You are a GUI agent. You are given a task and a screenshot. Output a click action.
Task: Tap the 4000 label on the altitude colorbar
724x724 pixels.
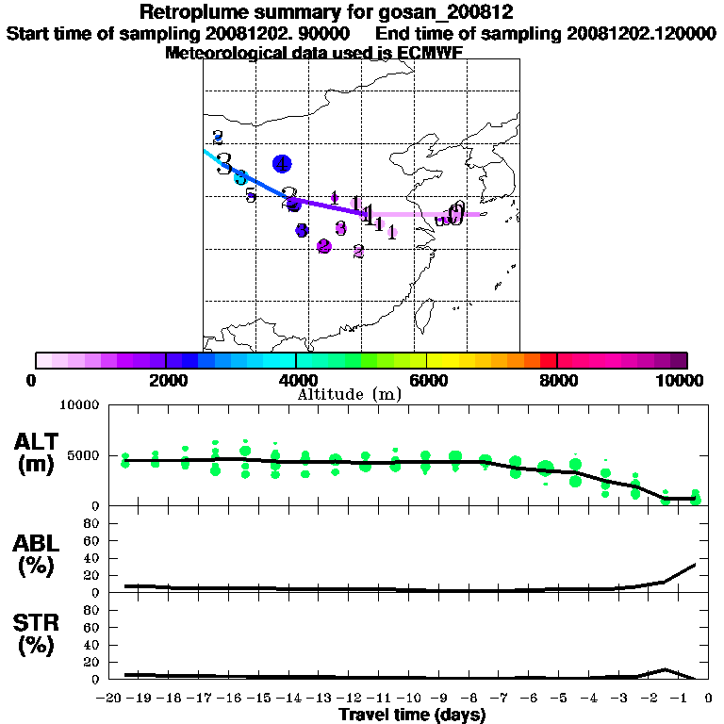pos(296,381)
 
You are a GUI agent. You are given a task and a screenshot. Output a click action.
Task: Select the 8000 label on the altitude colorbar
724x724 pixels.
pos(557,381)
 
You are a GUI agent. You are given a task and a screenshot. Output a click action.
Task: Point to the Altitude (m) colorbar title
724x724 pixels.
pos(349,394)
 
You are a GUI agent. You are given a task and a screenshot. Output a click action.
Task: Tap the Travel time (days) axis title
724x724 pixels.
pos(412,716)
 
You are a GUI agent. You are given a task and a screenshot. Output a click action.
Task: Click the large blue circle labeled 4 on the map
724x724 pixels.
pos(281,163)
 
